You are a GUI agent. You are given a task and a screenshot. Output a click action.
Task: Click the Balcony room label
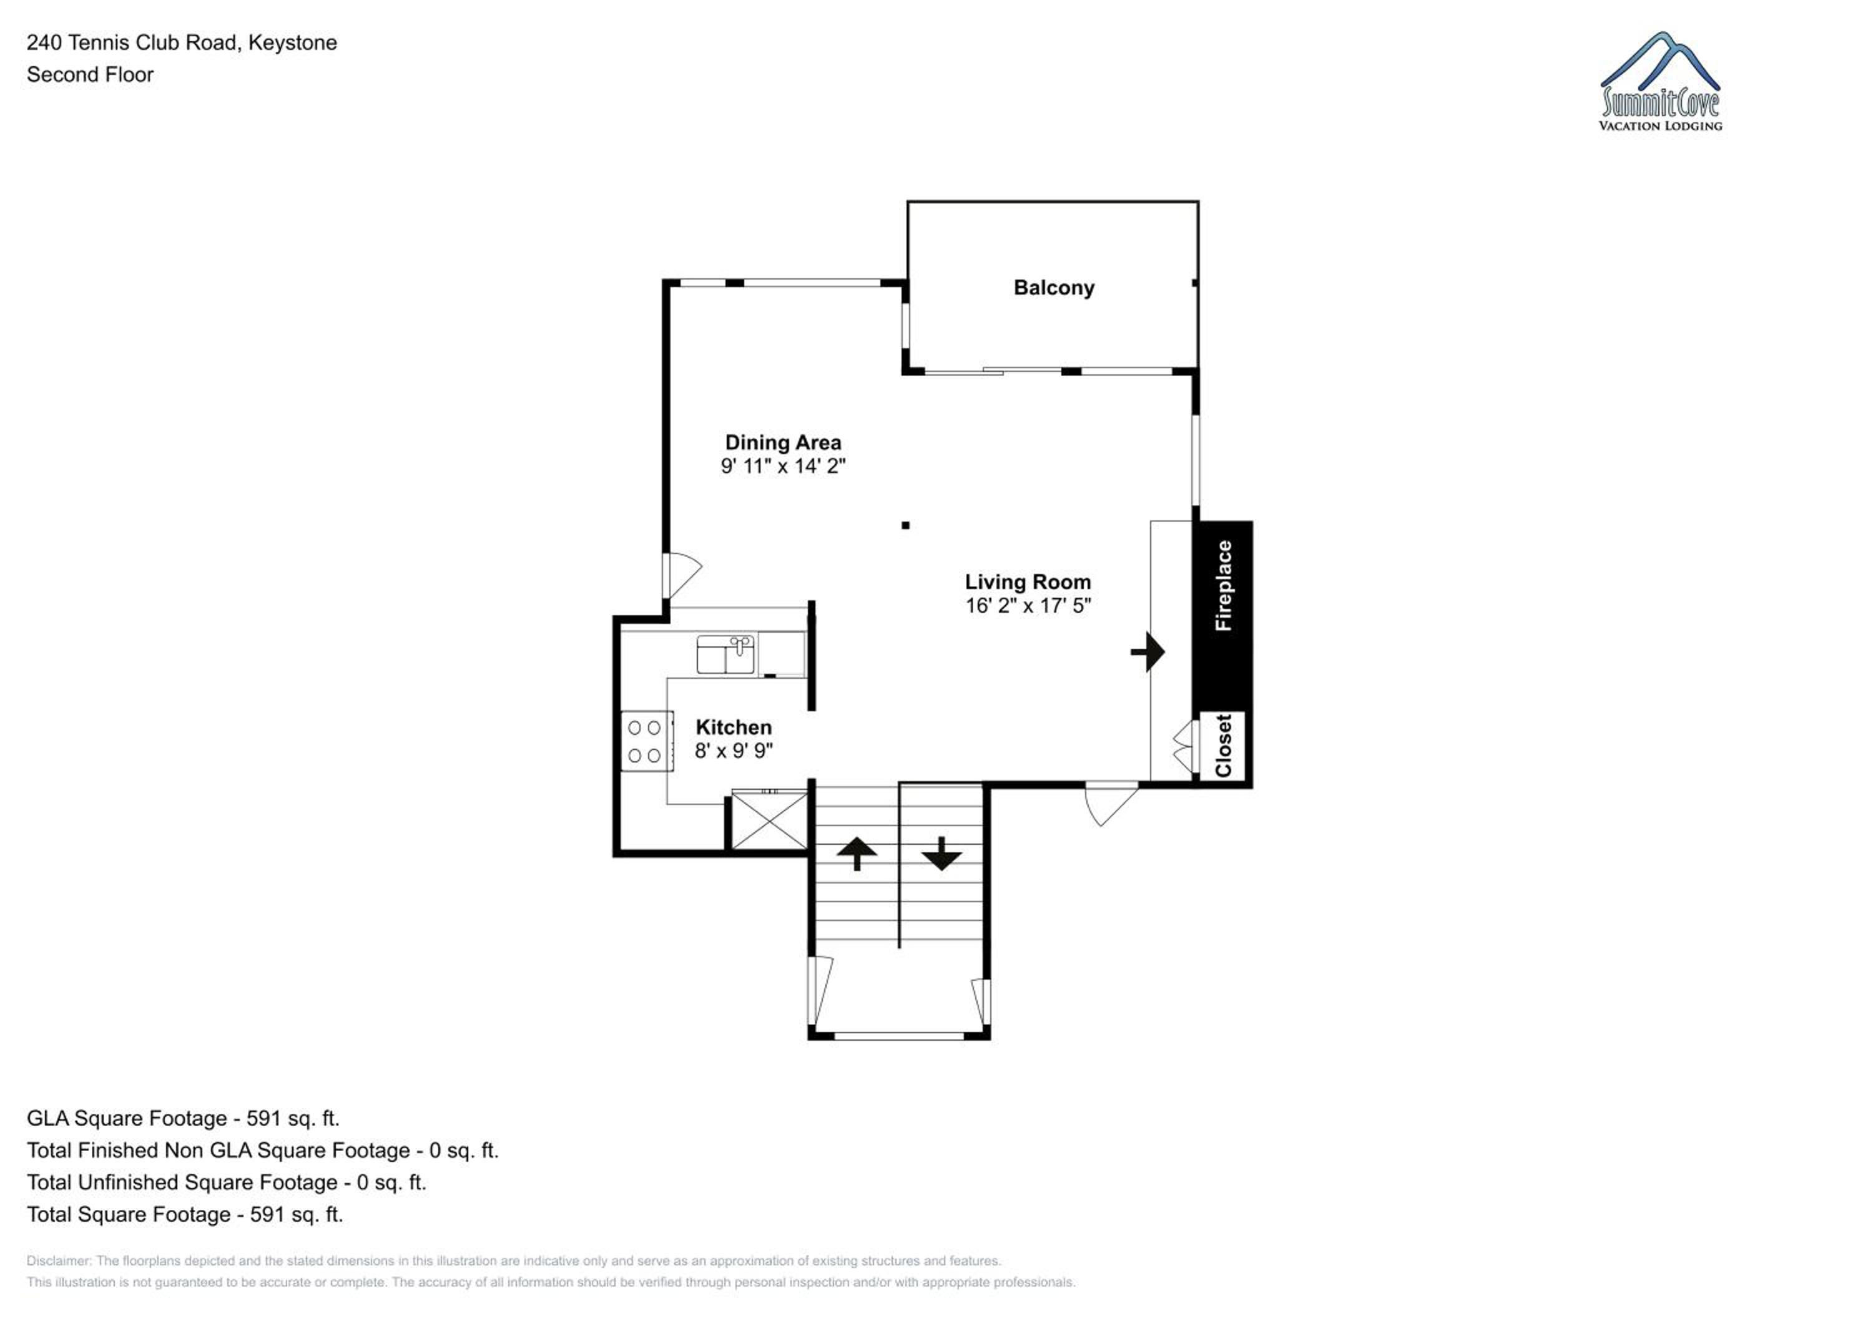1054,288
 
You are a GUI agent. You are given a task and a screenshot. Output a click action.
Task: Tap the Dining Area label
783,443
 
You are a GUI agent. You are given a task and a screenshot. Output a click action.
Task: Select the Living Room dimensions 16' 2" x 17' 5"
1028,606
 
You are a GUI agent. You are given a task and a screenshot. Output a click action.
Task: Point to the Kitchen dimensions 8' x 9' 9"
734,751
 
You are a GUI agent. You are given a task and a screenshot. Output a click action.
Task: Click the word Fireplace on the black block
1223,585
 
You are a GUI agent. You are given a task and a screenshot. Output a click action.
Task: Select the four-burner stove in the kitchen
647,741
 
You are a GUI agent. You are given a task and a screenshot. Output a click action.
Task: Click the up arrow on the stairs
857,854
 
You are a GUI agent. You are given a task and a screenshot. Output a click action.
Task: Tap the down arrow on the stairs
941,854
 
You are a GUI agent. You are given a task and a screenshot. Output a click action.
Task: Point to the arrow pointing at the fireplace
1148,652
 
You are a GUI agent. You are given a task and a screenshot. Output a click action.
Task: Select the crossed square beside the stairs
769,820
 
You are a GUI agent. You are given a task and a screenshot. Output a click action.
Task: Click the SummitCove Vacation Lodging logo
1661,82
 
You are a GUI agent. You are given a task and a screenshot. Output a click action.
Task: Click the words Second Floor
90,75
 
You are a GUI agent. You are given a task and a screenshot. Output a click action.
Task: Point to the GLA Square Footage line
183,1119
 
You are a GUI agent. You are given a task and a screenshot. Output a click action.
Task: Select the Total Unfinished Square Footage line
227,1183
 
